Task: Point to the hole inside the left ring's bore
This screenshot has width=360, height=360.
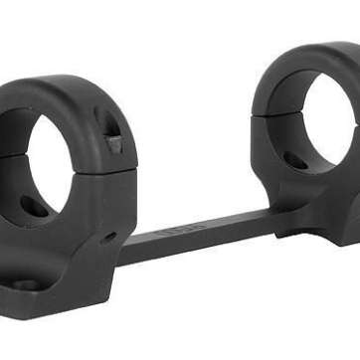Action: (32, 206)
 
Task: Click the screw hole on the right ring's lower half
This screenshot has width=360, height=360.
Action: (295, 159)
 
